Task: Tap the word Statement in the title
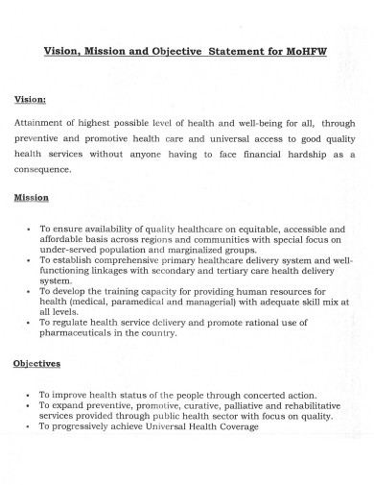pyautogui.click(x=233, y=52)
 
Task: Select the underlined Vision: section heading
pyautogui.click(x=30, y=99)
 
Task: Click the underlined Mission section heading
pyautogui.click(x=32, y=198)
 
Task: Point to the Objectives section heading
pyautogui.click(x=37, y=364)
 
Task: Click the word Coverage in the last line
pyautogui.click(x=235, y=426)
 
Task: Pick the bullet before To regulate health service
pyautogui.click(x=30, y=322)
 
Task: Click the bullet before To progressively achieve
pyautogui.click(x=30, y=426)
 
